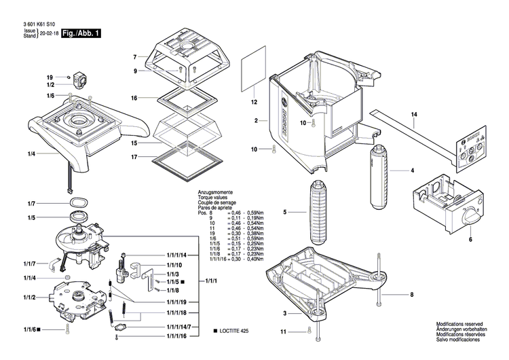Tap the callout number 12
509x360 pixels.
tap(254, 103)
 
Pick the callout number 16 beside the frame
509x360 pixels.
tap(134, 98)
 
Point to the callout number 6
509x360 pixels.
tap(470, 238)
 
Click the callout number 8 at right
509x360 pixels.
tap(411, 294)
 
